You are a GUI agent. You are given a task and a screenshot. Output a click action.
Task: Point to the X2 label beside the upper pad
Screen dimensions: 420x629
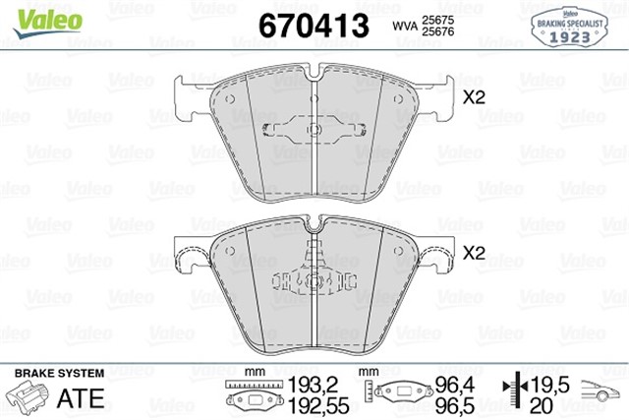click(x=475, y=97)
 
